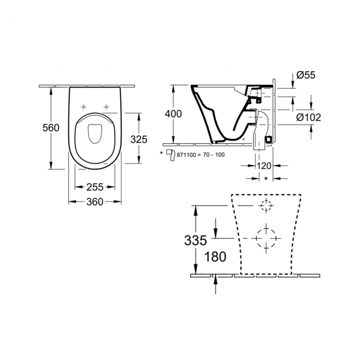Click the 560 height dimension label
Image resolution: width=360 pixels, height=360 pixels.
[51, 128]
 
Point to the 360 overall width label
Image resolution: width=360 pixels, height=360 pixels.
[95, 202]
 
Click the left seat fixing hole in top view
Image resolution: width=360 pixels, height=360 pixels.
[84, 106]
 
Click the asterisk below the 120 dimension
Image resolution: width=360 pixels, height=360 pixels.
[266, 178]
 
